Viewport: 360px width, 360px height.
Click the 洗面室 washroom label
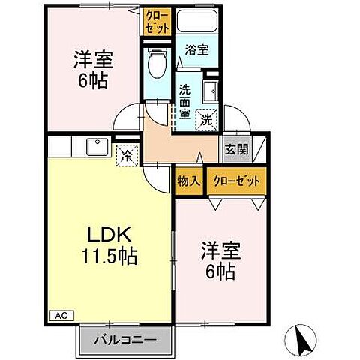(184, 101)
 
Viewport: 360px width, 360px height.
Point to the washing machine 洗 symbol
(205, 118)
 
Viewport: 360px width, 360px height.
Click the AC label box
(59, 316)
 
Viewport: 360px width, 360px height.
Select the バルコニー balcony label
(125, 340)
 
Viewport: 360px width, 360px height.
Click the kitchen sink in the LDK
(97, 146)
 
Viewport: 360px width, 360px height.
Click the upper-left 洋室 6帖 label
(91, 67)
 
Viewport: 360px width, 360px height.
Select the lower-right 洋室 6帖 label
(218, 260)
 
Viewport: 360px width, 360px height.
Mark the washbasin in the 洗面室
(209, 90)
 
